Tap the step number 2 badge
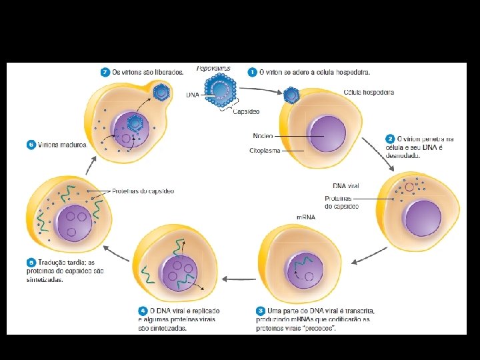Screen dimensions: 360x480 [x=389, y=139]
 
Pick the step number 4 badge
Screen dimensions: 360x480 [x=143, y=311]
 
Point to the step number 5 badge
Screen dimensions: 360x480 [x=31, y=262]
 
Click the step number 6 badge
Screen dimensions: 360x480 [x=31, y=144]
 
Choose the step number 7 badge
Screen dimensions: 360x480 [x=105, y=71]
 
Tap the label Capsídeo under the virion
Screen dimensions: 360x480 [x=246, y=112]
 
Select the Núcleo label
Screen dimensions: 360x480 [x=262, y=136]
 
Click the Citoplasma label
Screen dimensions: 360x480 [x=265, y=151]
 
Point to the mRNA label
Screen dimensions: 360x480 [x=306, y=217]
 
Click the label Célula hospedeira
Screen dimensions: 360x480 [x=369, y=92]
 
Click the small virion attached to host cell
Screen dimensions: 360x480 [x=291, y=95]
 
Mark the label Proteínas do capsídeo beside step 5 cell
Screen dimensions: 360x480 [x=143, y=191]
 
